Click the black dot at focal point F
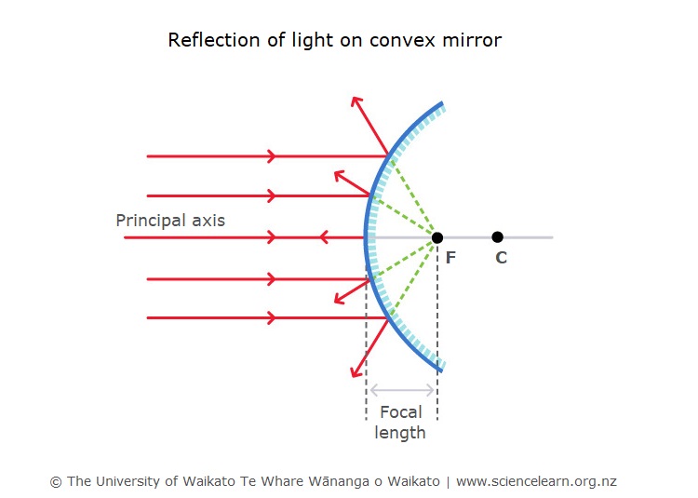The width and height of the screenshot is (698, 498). coord(437,237)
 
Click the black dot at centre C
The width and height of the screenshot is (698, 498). coord(498,237)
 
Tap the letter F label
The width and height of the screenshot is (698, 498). coord(450,257)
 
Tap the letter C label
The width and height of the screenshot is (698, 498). coord(502,257)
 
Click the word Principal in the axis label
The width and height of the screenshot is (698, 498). coord(152,221)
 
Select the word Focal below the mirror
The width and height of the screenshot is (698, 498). coord(400,412)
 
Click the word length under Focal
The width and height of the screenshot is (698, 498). coord(400,433)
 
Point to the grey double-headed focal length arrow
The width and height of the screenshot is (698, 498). coord(402,390)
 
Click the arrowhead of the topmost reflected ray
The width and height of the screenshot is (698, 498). coord(356,101)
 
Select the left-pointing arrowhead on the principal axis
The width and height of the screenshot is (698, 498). coord(324,237)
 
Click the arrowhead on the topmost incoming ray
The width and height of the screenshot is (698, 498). coord(272,156)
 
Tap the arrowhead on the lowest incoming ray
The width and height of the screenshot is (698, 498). coord(272,317)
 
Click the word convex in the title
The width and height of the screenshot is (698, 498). coord(402,41)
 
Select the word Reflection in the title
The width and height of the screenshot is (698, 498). coord(214,40)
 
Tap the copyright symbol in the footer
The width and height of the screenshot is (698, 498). coord(56,482)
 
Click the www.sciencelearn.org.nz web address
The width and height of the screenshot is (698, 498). coord(536,481)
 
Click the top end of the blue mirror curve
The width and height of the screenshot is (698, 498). coord(442,103)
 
